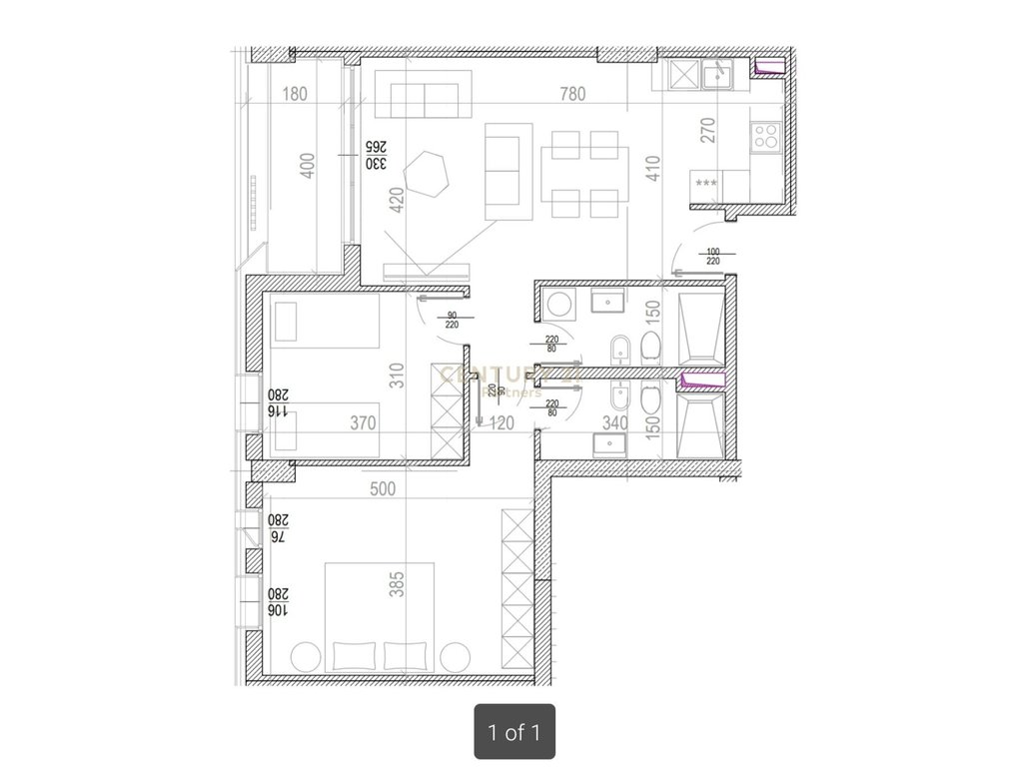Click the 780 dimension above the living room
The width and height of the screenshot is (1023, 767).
[572, 95]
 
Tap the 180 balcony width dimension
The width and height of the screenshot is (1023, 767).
[295, 95]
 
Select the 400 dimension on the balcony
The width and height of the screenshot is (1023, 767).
[308, 165]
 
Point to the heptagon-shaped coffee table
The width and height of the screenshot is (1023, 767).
[433, 175]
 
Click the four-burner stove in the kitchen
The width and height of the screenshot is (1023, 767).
[766, 136]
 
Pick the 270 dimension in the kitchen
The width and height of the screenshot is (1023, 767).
[708, 131]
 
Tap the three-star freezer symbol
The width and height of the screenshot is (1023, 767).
[706, 184]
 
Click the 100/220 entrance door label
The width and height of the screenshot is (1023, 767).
[712, 257]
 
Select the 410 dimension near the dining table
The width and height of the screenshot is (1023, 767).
[653, 166]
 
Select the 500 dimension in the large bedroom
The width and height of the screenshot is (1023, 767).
[383, 489]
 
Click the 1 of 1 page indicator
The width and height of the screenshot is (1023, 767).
[513, 732]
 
